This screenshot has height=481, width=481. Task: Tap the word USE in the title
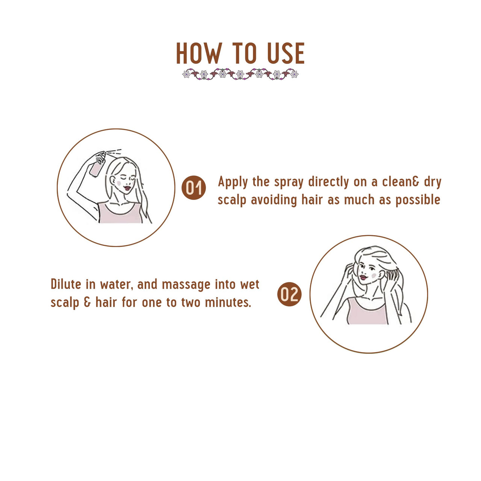click(x=286, y=53)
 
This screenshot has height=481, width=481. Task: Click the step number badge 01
click(x=194, y=187)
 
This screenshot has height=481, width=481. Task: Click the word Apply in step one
click(x=233, y=182)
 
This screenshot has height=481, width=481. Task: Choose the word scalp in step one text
click(x=232, y=200)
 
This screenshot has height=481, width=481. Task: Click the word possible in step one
click(x=417, y=200)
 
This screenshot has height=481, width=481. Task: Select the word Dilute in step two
click(x=66, y=284)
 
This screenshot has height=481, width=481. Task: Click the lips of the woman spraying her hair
click(x=127, y=188)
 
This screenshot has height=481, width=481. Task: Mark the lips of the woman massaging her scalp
click(x=363, y=277)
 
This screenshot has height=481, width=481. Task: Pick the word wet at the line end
click(x=250, y=284)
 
